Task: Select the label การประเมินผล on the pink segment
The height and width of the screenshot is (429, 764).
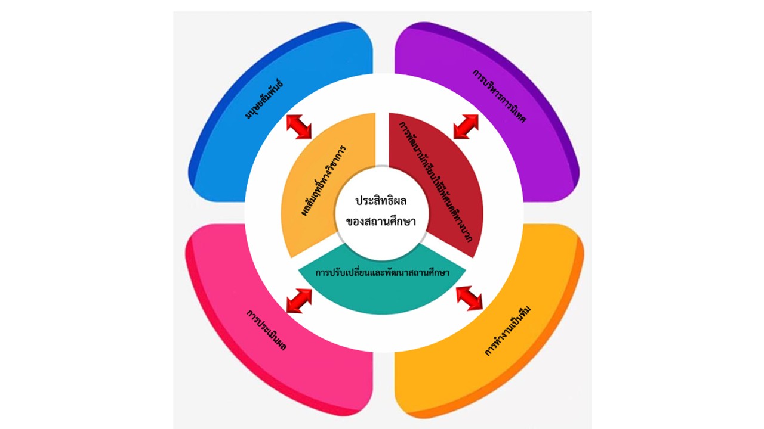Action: (266, 329)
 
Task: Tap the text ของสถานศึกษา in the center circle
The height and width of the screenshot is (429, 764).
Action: (381, 222)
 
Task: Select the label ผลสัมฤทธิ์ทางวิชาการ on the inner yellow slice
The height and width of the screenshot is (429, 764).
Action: (324, 179)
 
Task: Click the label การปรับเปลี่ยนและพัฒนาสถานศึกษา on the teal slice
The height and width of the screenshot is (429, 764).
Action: (382, 272)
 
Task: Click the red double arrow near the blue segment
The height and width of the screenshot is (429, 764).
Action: (299, 126)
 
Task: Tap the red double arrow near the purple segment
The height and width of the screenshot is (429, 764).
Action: (466, 126)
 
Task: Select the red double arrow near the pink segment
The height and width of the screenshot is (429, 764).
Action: (299, 300)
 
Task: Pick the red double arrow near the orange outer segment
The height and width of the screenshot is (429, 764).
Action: (469, 297)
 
